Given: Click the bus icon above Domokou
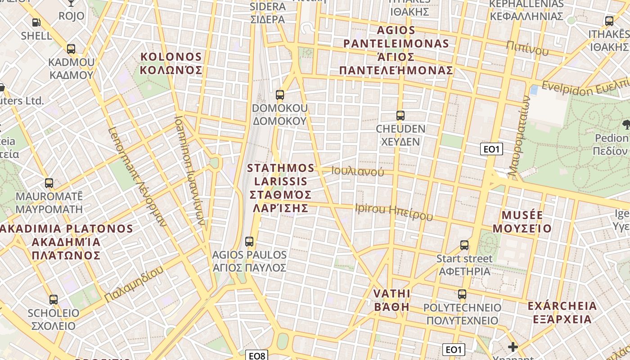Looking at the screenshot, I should coord(280,95).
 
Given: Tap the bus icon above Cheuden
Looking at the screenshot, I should coord(400,116).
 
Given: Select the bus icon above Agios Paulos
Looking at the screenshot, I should coord(249,242).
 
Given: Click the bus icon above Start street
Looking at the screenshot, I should coord(464,245).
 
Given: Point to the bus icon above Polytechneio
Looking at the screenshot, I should coord(462,295).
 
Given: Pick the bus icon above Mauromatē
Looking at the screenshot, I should coord(49,183).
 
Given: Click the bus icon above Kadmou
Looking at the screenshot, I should coord(71,49).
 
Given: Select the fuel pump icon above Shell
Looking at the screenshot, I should coord(36,22).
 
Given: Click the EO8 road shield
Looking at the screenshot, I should coord(257,355).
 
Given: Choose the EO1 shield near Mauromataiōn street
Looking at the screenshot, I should coord(491,149).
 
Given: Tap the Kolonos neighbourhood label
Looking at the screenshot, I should coord(171,63).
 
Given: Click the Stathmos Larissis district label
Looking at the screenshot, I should coord(281,188).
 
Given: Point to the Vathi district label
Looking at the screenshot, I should coord(392,300).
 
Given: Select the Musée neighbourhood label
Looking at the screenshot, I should coord(522,221).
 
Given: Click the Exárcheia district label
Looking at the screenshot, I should coord(562,313).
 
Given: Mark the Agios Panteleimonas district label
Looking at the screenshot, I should coord(396,50).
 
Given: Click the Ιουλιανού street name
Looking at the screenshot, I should coord(358,171).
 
